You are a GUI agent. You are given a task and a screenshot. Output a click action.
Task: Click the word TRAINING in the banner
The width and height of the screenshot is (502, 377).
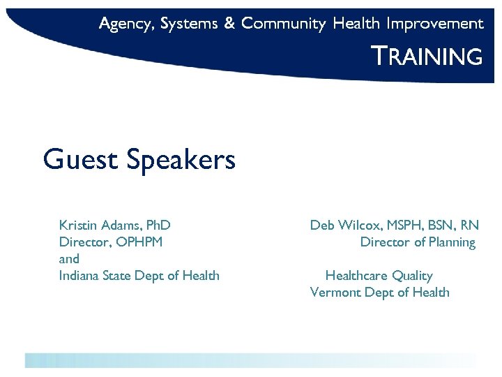pyautogui.click(x=427, y=56)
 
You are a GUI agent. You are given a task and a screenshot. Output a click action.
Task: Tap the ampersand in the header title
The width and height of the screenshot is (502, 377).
pyautogui.click(x=229, y=24)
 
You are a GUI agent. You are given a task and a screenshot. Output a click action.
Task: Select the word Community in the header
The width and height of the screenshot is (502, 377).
pyautogui.click(x=283, y=24)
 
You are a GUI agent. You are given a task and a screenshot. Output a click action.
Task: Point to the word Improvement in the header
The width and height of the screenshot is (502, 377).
pyautogui.click(x=435, y=24)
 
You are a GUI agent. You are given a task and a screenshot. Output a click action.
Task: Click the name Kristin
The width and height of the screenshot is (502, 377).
pyautogui.click(x=78, y=225)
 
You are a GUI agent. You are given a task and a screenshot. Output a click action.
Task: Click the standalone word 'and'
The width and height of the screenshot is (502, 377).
pyautogui.click(x=69, y=258)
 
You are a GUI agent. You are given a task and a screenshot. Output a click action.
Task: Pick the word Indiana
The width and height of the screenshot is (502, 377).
pyautogui.click(x=79, y=275)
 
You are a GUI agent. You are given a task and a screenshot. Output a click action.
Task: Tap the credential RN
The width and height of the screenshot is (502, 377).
pyautogui.click(x=470, y=225)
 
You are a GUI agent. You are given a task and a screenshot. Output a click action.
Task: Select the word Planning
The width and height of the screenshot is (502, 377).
pyautogui.click(x=452, y=242)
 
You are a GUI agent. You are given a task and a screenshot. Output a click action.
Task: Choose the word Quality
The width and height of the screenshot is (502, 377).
pyautogui.click(x=413, y=276)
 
